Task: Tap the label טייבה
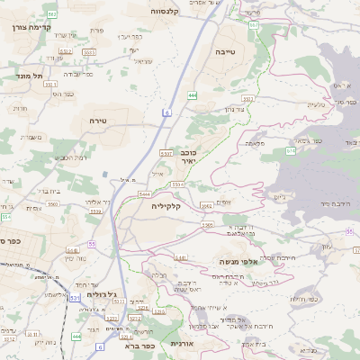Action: coord(226,53)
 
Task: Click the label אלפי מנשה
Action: coord(238,261)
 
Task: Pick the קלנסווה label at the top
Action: coord(169,12)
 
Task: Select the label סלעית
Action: coord(316,105)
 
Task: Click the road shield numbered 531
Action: coord(74,296)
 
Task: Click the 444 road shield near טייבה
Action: coord(193,94)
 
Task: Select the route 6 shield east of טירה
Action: coord(167,112)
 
